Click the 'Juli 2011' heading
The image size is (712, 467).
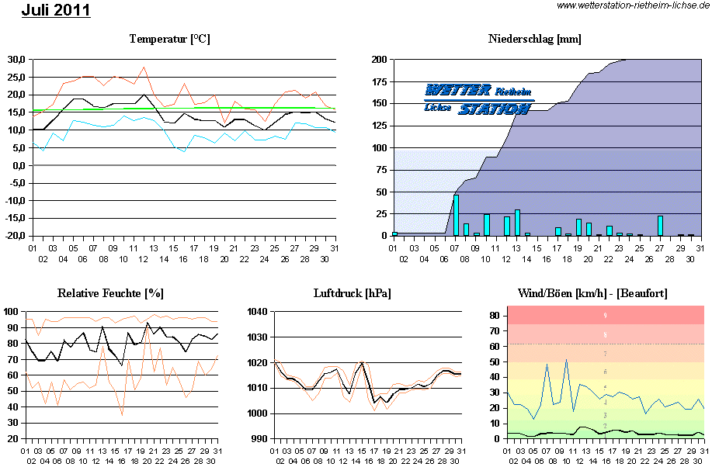[56, 10]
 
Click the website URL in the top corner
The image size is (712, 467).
[634, 6]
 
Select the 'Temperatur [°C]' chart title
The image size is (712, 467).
[170, 39]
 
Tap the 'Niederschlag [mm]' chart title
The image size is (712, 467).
[535, 39]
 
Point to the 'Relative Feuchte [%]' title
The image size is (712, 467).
[110, 293]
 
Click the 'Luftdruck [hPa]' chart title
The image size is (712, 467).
[352, 293]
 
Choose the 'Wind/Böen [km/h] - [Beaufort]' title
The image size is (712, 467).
[592, 293]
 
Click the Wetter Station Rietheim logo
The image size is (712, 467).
[478, 99]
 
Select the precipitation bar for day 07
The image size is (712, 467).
[456, 215]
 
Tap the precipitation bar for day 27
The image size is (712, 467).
[660, 225]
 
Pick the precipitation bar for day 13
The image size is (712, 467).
[517, 222]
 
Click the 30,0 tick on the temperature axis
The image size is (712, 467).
[16, 59]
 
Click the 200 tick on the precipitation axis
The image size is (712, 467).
[380, 59]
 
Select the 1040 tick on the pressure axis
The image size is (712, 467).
[257, 311]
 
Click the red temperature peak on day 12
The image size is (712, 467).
[144, 67]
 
